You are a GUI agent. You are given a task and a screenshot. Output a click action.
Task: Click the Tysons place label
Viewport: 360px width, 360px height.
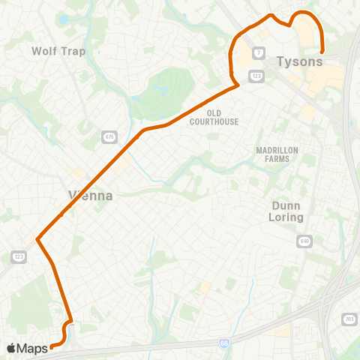(x=300, y=61)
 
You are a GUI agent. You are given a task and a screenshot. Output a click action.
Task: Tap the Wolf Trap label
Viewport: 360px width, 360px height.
(x=58, y=51)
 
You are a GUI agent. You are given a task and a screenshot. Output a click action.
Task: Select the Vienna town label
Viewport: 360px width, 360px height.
(x=91, y=196)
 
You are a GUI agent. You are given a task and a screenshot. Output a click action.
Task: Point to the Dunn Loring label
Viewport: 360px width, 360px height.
(x=286, y=210)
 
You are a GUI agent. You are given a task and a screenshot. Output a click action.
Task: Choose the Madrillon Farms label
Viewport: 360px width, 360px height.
(x=277, y=154)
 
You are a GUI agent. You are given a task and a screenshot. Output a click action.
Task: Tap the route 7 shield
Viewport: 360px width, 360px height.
(x=259, y=52)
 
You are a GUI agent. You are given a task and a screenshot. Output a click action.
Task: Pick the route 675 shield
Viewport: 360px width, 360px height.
(x=109, y=136)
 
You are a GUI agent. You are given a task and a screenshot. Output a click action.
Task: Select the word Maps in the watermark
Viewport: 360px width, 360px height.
(x=32, y=348)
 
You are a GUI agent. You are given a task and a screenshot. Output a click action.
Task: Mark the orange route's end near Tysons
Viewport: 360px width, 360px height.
(x=322, y=51)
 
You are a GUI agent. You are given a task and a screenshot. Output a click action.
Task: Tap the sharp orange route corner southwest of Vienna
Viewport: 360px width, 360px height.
(x=37, y=241)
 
